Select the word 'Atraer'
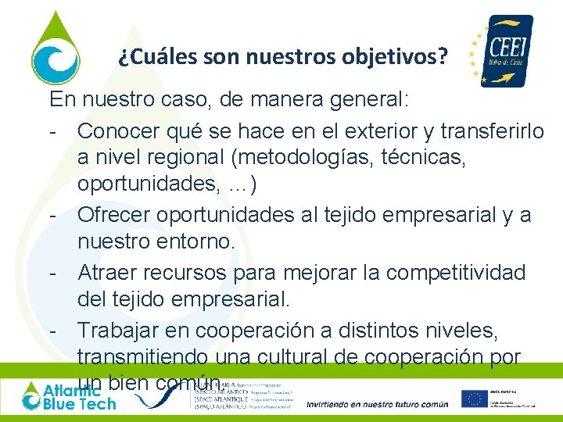(x=112, y=272)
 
